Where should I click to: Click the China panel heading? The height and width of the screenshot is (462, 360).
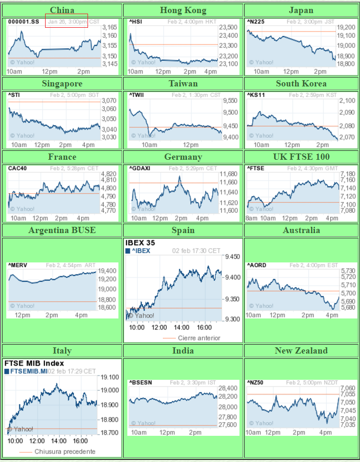pos(62,10)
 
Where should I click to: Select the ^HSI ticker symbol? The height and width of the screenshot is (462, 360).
pos(135,21)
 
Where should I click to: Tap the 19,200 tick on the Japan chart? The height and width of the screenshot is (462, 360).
pos(346,27)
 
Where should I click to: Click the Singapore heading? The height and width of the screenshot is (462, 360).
pos(62,83)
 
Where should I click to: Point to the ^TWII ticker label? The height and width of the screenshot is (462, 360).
pos(137,95)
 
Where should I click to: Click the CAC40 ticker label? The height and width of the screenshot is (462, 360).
pos(17,168)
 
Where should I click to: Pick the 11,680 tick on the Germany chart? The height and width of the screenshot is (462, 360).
pos(227,174)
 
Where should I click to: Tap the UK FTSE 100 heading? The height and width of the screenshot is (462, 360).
pos(301,157)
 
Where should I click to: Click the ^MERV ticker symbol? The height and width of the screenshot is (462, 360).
pos(17,266)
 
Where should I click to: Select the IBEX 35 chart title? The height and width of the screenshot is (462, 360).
pos(140,243)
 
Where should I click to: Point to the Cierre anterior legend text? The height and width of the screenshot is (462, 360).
pos(199,338)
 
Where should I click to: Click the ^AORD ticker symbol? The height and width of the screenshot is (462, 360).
pos(257,266)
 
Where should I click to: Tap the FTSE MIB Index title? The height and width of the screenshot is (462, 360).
pos(34,363)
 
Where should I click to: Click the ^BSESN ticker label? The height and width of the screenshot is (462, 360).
pos(141,382)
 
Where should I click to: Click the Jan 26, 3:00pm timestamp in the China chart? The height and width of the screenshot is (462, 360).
pos(67,21)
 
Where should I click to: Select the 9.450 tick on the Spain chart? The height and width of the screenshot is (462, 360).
pos(231,257)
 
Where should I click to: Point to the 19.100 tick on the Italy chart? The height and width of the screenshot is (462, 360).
pos(110,377)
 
